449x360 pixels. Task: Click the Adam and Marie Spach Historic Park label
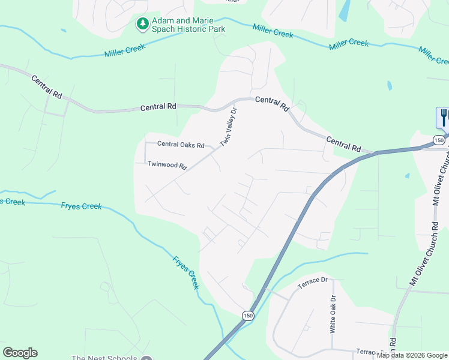[x=188, y=25]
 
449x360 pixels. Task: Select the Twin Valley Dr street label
[x=229, y=127]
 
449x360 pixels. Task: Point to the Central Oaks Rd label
[x=181, y=145]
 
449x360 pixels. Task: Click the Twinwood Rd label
[x=167, y=164]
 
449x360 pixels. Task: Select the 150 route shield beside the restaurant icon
[x=439, y=140]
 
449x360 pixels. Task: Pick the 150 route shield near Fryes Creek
[x=248, y=315]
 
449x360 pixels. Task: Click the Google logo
[x=20, y=353]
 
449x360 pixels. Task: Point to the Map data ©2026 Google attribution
[x=412, y=355]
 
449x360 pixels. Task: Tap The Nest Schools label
[x=104, y=358]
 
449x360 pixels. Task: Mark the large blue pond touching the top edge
[x=345, y=11]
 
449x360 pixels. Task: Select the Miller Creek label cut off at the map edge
[x=435, y=56]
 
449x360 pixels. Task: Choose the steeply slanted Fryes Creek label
[x=185, y=273]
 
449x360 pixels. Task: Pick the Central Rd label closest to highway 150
[x=343, y=143]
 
